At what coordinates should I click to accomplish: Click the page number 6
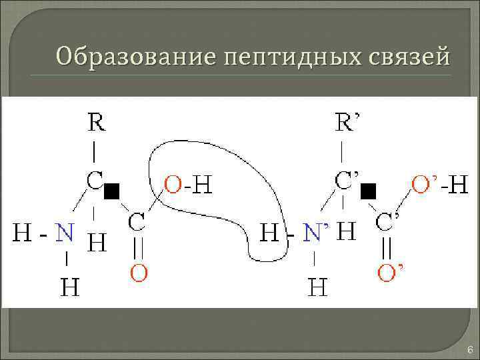[x=469, y=350]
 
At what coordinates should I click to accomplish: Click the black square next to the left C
[x=111, y=192]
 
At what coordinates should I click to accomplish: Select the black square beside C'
[x=367, y=192]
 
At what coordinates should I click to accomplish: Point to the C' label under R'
[x=346, y=181]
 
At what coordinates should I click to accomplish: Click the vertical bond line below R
[x=95, y=152]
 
